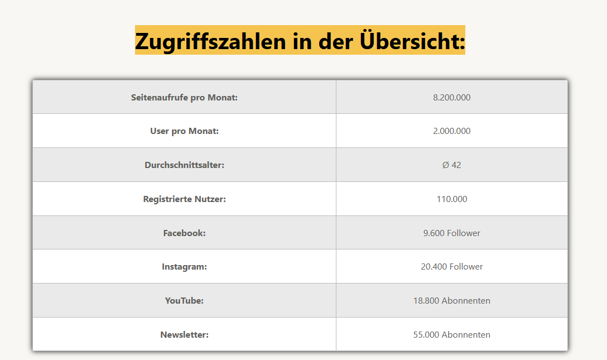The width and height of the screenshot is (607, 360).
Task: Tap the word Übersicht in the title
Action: (412, 41)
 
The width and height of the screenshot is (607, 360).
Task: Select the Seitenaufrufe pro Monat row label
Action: (184, 97)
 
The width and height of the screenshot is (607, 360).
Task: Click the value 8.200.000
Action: (451, 97)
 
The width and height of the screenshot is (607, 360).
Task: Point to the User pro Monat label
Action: (184, 131)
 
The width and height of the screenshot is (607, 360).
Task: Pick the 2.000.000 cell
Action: (451, 131)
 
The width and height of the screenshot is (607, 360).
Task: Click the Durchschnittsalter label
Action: (184, 165)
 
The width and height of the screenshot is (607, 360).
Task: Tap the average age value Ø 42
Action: (451, 165)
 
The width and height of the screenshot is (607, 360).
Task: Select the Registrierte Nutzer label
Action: (184, 199)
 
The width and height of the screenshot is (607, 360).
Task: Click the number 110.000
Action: (451, 199)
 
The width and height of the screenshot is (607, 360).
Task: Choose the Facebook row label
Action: (184, 233)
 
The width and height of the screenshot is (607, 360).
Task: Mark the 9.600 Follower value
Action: (451, 233)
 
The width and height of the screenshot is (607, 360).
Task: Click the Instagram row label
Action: (184, 267)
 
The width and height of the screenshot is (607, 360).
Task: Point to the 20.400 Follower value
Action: (451, 267)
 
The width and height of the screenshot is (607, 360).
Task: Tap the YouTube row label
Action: (184, 301)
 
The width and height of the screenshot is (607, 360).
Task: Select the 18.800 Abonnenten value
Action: (451, 301)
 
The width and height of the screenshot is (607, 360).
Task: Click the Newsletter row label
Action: (184, 335)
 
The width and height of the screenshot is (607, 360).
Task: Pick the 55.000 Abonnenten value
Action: (451, 335)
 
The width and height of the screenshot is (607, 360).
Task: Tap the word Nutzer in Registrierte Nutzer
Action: (210, 199)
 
